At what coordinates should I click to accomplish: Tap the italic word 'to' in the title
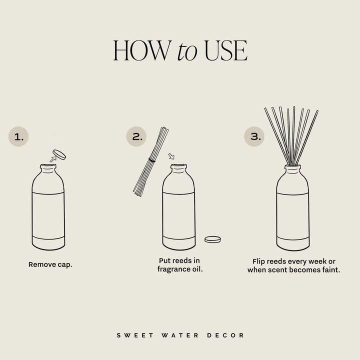click(187, 52)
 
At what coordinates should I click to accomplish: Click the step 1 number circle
click(19, 136)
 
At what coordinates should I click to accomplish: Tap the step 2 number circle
click(137, 136)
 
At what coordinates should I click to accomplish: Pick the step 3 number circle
click(255, 136)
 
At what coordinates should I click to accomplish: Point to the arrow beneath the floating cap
click(53, 159)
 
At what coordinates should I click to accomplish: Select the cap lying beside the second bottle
click(212, 239)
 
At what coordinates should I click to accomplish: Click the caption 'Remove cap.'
click(50, 264)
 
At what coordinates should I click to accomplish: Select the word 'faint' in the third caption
click(330, 269)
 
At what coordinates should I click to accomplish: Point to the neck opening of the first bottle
click(48, 166)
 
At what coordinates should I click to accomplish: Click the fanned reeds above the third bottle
click(293, 132)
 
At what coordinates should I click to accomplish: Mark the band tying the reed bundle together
click(152, 160)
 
